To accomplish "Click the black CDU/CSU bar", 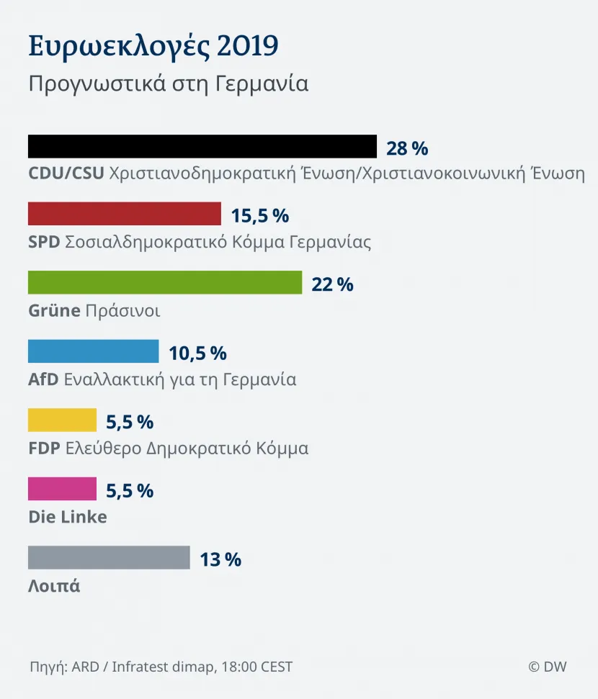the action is [x=202, y=146].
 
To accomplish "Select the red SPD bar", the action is [x=125, y=214].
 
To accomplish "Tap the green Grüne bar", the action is [x=165, y=282].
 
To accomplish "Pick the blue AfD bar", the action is [x=93, y=351].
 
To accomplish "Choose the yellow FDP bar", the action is [x=62, y=420].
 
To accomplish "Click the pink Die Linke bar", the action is [x=62, y=489].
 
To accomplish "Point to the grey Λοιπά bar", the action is [x=109, y=557].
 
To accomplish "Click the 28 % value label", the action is [x=407, y=148].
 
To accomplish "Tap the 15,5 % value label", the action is [x=259, y=216].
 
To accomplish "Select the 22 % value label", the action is [x=332, y=284].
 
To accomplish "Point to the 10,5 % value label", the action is [x=197, y=353].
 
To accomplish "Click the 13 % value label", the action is [x=220, y=559].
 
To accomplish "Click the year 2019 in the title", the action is [x=248, y=45].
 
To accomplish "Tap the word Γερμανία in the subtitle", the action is [x=262, y=84].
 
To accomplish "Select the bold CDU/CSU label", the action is [x=66, y=173].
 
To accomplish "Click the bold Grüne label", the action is [x=55, y=310].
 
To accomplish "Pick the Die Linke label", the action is [x=68, y=517].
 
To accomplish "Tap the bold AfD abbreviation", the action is [x=43, y=379].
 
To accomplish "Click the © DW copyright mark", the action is [x=548, y=667].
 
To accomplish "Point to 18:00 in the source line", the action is [x=239, y=667].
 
